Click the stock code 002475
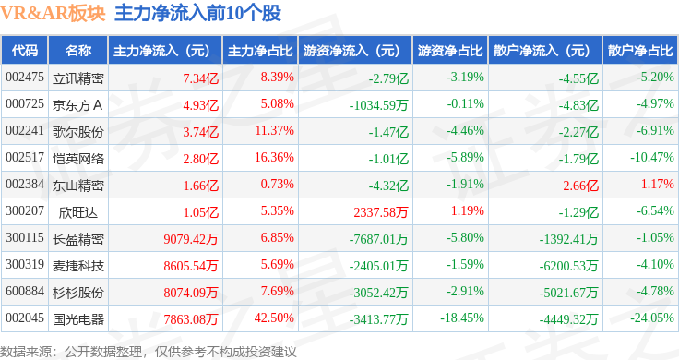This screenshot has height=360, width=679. point(25,78)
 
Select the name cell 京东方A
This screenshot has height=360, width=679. point(77,105)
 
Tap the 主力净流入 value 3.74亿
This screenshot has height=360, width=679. point(200,132)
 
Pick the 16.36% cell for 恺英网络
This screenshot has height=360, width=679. point(274,157)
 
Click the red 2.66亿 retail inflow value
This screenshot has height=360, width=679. point(580,186)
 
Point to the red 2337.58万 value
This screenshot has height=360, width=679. point(381,212)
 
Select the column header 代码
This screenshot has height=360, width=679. point(25,51)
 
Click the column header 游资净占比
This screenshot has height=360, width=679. point(450,51)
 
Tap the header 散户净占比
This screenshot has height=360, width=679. point(640,51)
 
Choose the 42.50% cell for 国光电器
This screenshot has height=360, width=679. point(274,318)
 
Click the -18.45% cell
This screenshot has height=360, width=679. point(462,318)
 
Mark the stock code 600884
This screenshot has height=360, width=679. point(25,291)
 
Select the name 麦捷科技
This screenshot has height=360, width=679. point(77,266)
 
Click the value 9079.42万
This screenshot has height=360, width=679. point(191,239)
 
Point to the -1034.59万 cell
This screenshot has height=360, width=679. point(379,105)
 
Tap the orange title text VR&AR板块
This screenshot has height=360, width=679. point(53,14)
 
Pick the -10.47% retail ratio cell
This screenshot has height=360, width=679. point(652,157)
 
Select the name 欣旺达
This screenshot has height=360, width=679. point(77,212)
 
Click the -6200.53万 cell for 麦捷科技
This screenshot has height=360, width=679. point(568,266)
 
